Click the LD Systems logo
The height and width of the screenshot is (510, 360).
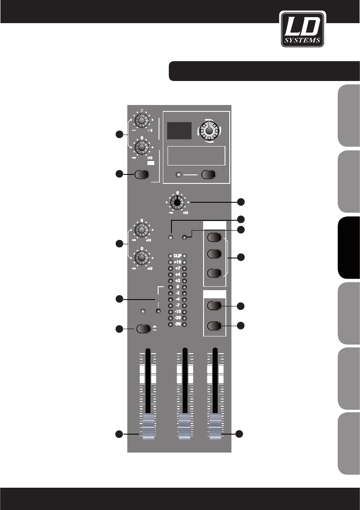point(303,28)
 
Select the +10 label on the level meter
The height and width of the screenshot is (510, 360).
point(177,262)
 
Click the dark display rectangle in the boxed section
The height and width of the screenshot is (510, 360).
point(180,130)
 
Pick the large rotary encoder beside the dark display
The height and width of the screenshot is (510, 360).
point(208,130)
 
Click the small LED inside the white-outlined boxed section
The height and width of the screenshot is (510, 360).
point(179,175)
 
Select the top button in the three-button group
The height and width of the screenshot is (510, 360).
point(214,238)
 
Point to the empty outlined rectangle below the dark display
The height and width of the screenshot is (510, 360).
point(196,156)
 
